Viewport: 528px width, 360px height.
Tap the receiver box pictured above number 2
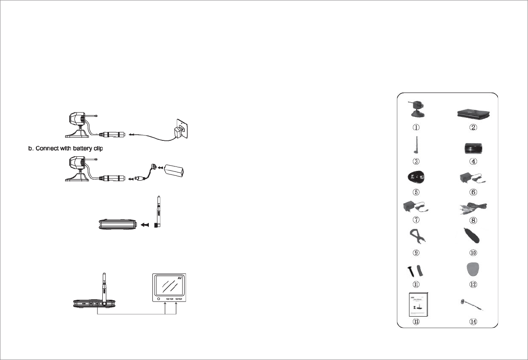474,114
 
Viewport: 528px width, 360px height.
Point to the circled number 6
474,192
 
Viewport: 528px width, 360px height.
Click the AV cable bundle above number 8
474,206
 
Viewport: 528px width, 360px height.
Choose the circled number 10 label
474,253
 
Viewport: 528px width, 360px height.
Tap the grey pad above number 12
474,270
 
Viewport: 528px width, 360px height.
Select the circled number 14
474,322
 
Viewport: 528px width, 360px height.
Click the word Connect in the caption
46,147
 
